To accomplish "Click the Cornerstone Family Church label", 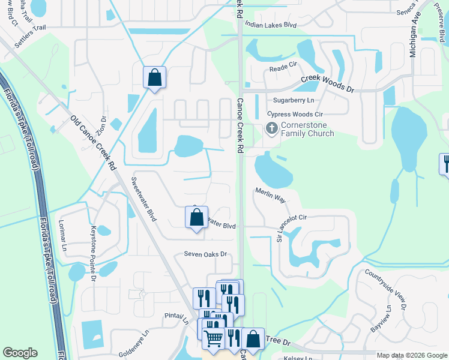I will pos(307,129).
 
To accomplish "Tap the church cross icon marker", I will pos(271,128).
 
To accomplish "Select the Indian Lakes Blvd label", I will pos(271,25).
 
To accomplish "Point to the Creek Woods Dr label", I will pos(328,83).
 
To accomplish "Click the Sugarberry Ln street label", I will pos(294,100).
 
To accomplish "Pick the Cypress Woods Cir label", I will pos(295,113).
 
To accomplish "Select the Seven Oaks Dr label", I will pos(205,254).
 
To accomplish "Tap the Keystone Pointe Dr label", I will pos(92,252).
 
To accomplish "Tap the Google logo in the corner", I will pos(20,353).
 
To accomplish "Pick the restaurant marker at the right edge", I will pos(445,164).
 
